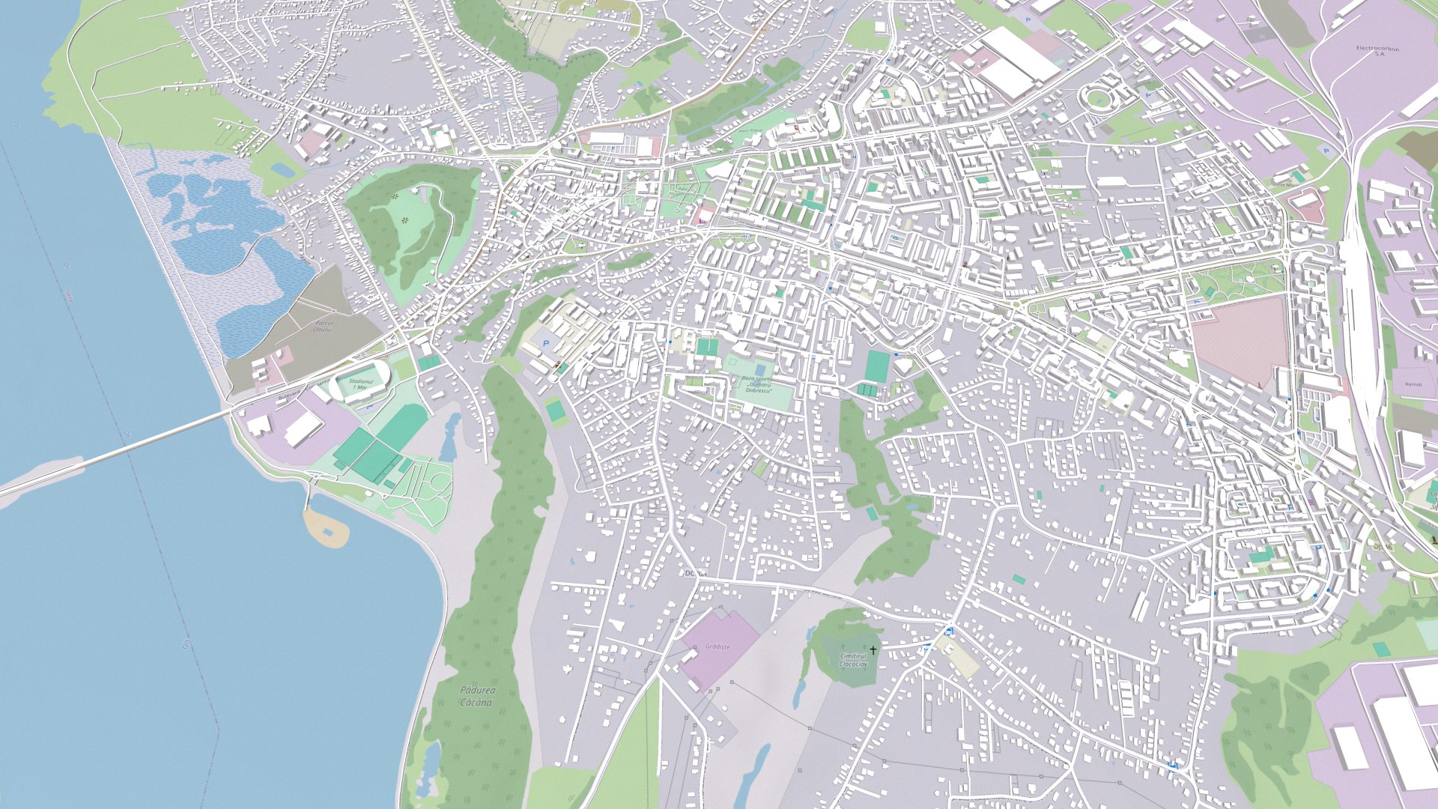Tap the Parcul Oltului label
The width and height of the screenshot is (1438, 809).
(x=322, y=326)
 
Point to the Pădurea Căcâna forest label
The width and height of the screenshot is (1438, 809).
(x=477, y=696)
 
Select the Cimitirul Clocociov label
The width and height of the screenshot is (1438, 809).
(x=853, y=660)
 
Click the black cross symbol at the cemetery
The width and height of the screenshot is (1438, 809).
(x=873, y=650)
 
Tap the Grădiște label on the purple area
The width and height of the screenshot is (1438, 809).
(x=717, y=646)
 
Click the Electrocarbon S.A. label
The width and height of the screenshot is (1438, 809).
(x=1377, y=51)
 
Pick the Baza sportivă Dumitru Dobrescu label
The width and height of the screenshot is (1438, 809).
(x=756, y=384)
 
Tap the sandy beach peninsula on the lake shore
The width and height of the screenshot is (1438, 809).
(x=327, y=527)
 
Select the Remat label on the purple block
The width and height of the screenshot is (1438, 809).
(x=1413, y=384)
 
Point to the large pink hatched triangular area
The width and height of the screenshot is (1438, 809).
(x=1243, y=337)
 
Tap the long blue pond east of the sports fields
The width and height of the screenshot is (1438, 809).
(x=450, y=438)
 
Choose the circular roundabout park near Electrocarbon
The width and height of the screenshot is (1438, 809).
(x=1097, y=97)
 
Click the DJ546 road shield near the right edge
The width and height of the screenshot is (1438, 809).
(x=1387, y=547)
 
